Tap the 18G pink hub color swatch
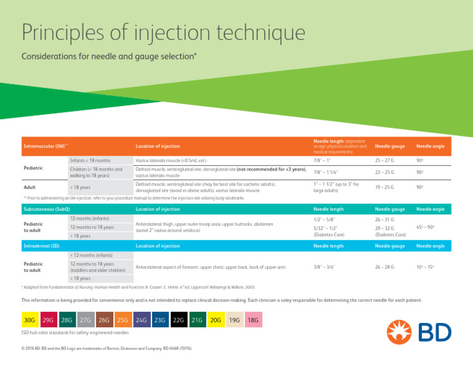pos(253,320)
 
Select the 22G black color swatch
pos(178,320)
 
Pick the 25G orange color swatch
pos(122,320)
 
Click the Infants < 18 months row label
pos(90,160)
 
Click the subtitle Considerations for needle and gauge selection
pos(109,57)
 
